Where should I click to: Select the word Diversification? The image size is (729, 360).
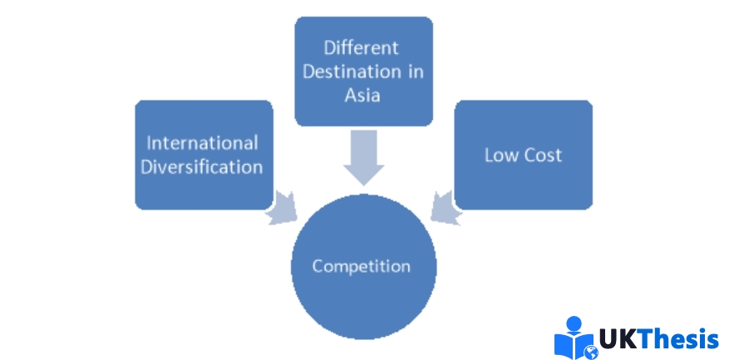pyautogui.click(x=202, y=166)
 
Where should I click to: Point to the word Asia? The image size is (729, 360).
pyautogui.click(x=362, y=95)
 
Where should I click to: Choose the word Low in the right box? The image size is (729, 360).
pyautogui.click(x=501, y=155)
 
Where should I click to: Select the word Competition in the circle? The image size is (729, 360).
pyautogui.click(x=362, y=266)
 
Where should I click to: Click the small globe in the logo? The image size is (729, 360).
pyautogui.click(x=592, y=352)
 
